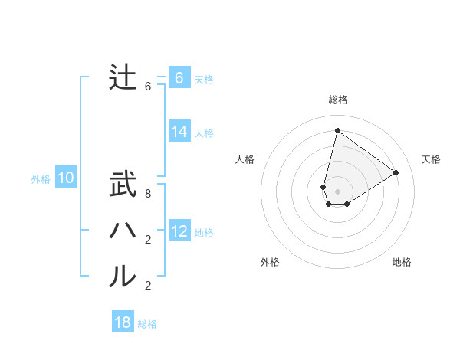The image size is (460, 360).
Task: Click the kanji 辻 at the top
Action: point(123,78)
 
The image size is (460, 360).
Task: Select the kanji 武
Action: point(123,185)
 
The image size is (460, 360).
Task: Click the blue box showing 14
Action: point(179,132)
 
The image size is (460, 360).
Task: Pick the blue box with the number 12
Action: point(179,231)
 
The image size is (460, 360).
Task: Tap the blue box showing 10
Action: point(66,178)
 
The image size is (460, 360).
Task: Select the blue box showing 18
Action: point(123,322)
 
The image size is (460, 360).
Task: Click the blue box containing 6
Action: point(179,78)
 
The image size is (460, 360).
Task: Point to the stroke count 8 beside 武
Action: point(148,195)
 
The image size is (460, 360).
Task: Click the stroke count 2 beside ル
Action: point(148,286)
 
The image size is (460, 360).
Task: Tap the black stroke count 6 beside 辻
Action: point(148,87)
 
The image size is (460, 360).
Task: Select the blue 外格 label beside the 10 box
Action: point(41,179)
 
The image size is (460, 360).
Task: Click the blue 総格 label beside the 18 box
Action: point(147,324)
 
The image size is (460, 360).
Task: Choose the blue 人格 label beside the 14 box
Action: point(204,133)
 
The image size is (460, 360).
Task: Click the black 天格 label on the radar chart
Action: point(431,159)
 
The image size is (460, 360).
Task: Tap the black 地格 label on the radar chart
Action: point(402,262)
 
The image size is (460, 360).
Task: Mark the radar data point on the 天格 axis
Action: point(396,172)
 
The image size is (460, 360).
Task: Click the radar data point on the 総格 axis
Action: point(337,131)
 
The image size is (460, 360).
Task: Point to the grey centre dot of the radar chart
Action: point(337,191)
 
